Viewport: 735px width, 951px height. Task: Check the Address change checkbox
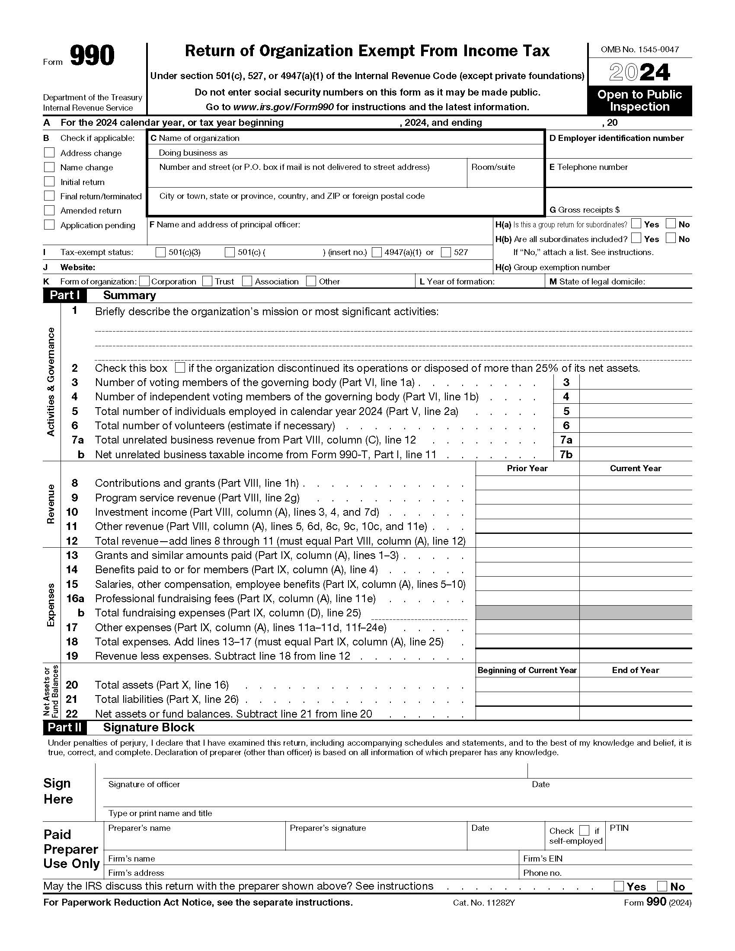(x=49, y=153)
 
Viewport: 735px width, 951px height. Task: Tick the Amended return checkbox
(x=49, y=211)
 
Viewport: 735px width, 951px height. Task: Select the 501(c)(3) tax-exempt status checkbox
(x=161, y=252)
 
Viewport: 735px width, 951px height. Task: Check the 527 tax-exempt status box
(x=446, y=252)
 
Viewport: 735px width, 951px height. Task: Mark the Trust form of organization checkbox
(x=207, y=281)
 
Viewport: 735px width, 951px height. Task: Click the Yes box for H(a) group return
(x=636, y=224)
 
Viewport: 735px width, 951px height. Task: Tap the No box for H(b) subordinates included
(x=671, y=238)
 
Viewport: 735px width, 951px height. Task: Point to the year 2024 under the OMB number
(x=639, y=72)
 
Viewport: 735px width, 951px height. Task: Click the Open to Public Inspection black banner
(x=639, y=101)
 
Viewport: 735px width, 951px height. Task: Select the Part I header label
(x=64, y=295)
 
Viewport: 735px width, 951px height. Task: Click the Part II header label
(x=64, y=728)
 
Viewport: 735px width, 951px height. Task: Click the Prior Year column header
(x=527, y=468)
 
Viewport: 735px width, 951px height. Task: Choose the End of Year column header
(x=635, y=670)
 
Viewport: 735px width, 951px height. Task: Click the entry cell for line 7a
(x=635, y=440)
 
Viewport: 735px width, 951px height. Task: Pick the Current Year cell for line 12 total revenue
(x=635, y=541)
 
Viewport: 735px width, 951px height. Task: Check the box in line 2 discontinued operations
(x=179, y=367)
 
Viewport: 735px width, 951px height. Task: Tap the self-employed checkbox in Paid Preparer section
(x=585, y=830)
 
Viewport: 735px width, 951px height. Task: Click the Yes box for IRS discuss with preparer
(x=618, y=886)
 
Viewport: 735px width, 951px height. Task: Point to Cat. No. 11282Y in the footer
(x=484, y=903)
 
